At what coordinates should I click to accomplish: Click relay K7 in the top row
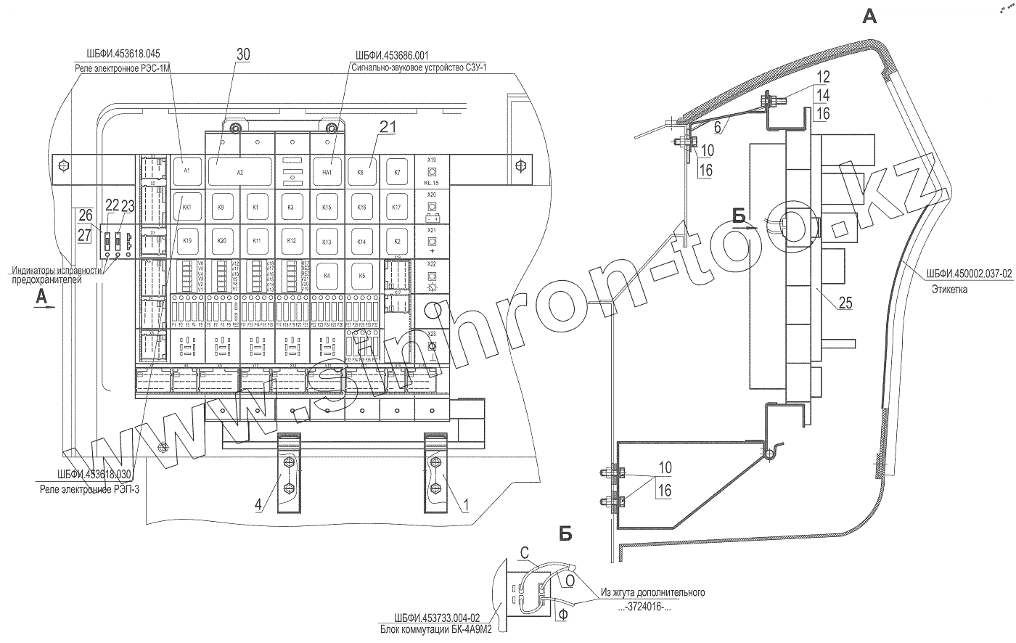[x=397, y=173]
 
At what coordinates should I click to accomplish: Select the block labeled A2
[x=240, y=173]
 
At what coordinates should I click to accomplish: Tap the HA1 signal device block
[x=327, y=173]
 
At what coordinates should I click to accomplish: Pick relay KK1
[x=187, y=207]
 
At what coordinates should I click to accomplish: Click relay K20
[x=221, y=240]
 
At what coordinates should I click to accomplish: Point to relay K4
[x=327, y=276]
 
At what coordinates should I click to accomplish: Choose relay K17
[x=396, y=207]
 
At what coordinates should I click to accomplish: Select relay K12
[x=291, y=240]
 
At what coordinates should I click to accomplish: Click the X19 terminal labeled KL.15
[x=431, y=172]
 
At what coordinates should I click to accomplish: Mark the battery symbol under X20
[x=431, y=217]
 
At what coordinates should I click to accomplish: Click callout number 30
[x=243, y=54]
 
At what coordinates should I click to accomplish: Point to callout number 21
[x=388, y=127]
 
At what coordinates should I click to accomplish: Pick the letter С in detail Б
[x=524, y=554]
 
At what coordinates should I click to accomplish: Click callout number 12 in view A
[x=821, y=75]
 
